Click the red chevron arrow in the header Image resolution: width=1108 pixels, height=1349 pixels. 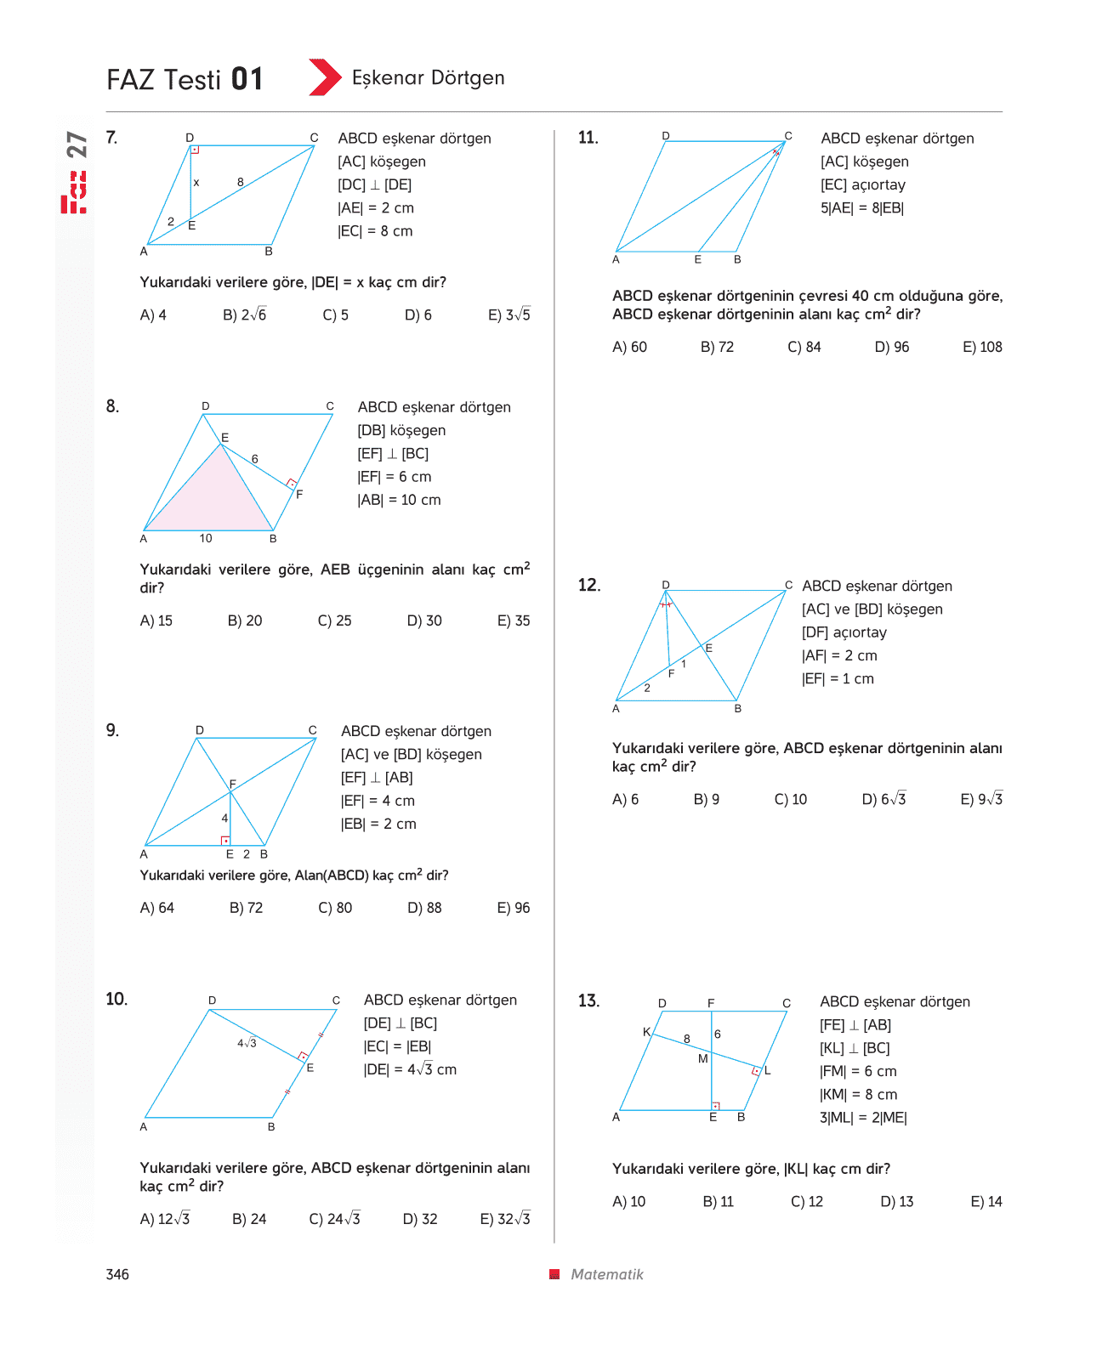pyautogui.click(x=325, y=77)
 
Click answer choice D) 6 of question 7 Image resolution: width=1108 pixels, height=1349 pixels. pyautogui.click(x=418, y=315)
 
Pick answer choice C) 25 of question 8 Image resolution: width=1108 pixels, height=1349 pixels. pyautogui.click(x=334, y=620)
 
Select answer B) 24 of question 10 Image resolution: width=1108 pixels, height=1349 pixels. pyautogui.click(x=249, y=1218)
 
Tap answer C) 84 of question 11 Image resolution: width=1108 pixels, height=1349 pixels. pyautogui.click(x=804, y=347)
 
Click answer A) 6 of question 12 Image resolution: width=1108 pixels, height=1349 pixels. pyautogui.click(x=625, y=799)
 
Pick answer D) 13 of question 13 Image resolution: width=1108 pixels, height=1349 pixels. pyautogui.click(x=896, y=1201)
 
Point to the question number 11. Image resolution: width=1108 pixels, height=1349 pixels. pyautogui.click(x=588, y=138)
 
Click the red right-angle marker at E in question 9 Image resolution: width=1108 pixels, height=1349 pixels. pyautogui.click(x=225, y=840)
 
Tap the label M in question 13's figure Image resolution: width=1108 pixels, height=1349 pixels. pyautogui.click(x=702, y=1058)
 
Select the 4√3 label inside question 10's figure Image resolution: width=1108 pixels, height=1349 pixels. pyautogui.click(x=247, y=1043)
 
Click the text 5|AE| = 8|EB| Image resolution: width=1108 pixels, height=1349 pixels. pyautogui.click(x=861, y=208)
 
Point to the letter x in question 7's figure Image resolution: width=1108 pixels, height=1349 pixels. pyautogui.click(x=196, y=182)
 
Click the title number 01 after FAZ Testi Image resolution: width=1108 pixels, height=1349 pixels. pyautogui.click(x=247, y=79)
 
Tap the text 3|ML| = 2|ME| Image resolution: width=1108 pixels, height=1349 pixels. pyautogui.click(x=863, y=1118)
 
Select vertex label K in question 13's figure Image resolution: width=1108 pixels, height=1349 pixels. pyautogui.click(x=646, y=1032)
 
